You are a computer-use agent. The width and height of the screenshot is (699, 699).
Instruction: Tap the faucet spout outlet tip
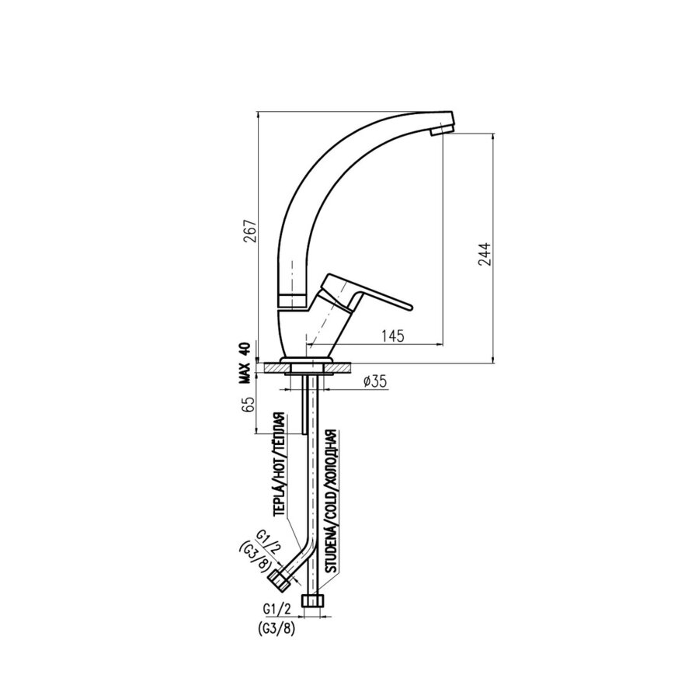440,131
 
